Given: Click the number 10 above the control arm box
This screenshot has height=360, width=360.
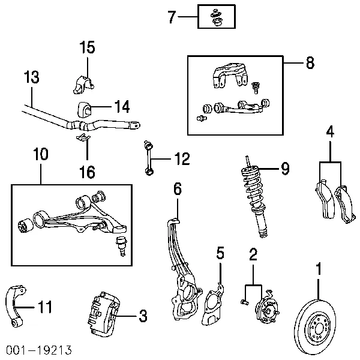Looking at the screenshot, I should click(x=41, y=154).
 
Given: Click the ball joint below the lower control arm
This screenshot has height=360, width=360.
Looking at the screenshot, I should click(x=121, y=245).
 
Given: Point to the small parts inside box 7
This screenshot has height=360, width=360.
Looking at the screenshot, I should click(x=216, y=17).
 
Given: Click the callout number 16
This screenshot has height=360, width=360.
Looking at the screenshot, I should click(x=87, y=172).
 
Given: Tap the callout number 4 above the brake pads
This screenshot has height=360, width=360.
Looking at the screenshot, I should click(x=330, y=131).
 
